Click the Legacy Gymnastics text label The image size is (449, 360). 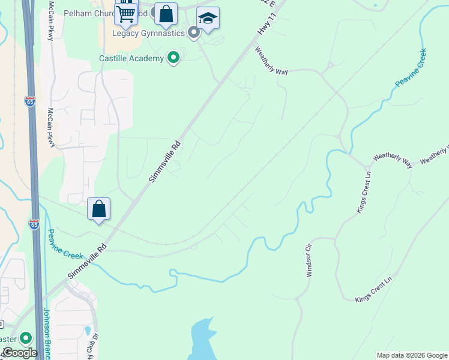click(148, 33)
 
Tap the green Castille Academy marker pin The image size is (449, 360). click(174, 58)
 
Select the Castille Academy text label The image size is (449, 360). click(131, 58)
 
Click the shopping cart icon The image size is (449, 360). click(126, 12)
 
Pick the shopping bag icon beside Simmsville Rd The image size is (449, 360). click(99, 209)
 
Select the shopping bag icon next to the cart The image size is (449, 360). click(166, 14)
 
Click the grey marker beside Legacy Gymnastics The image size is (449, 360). click(193, 32)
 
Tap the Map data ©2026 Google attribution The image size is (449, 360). click(412, 355)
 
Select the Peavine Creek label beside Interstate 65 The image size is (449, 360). click(65, 245)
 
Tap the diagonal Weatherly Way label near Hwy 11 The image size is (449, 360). click(271, 61)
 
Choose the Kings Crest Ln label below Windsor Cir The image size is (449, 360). click(373, 290)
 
